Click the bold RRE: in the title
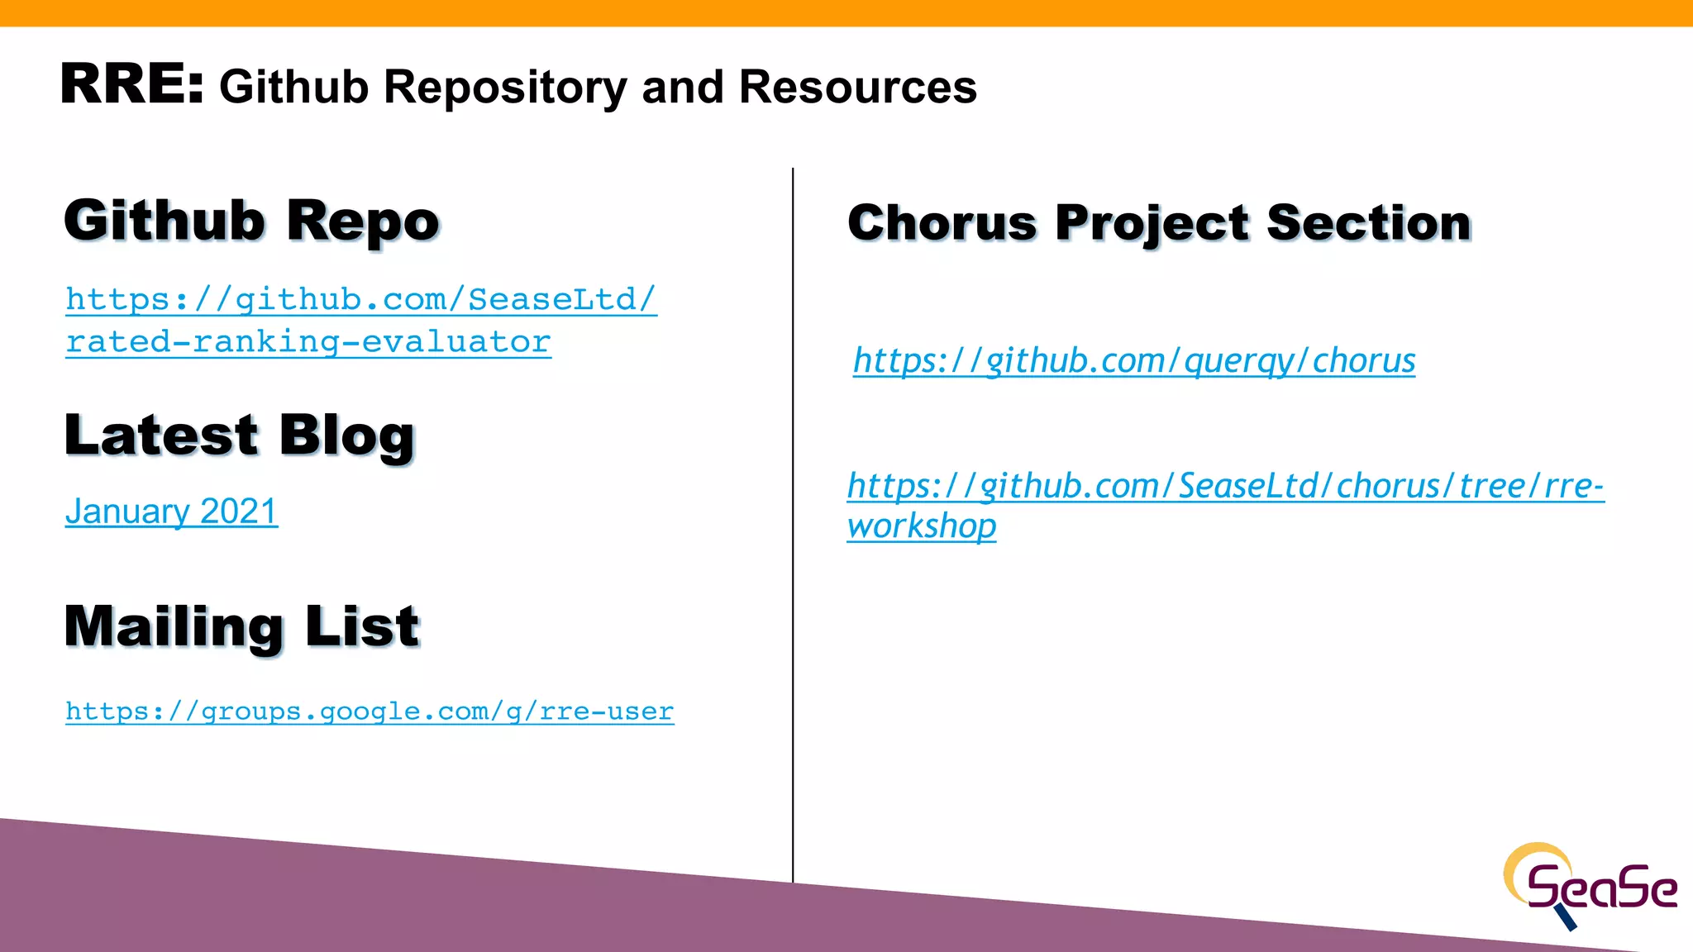pos(131,84)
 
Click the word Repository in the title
pos(505,88)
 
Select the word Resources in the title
pos(857,88)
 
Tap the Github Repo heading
pos(251,221)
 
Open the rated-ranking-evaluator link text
pos(308,342)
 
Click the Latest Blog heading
pos(239,436)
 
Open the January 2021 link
pos(171,512)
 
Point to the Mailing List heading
pos(241,626)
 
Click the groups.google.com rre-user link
pos(370,712)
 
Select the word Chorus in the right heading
pos(942,223)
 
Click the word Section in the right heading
pos(1368,223)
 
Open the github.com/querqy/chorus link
pos(1133,361)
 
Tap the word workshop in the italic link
pos(922,526)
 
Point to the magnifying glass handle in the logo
pos(1566,917)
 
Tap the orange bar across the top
pos(846,12)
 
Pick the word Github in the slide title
pos(293,88)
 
